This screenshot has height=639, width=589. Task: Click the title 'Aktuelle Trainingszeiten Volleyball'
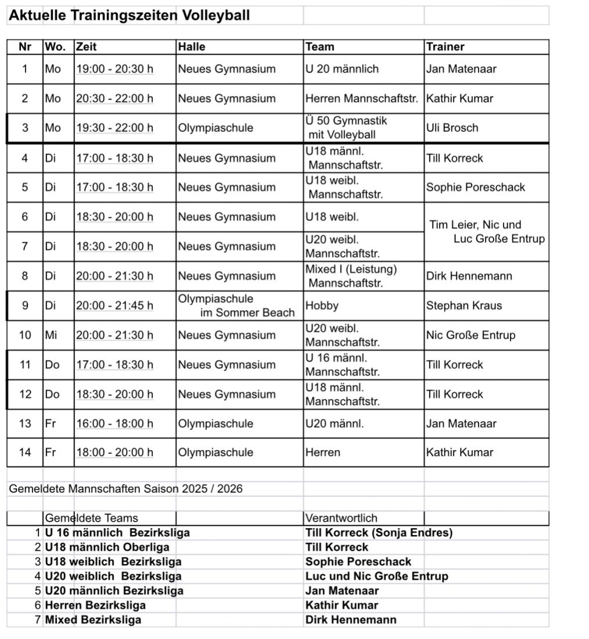click(x=129, y=16)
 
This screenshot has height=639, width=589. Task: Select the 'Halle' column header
click(x=192, y=46)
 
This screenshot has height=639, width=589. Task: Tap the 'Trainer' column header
click(x=445, y=46)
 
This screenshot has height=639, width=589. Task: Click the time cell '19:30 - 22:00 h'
click(x=115, y=128)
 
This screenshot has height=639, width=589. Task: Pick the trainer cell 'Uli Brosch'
click(x=452, y=128)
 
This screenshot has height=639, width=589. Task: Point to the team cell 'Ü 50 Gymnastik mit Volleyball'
click(x=347, y=128)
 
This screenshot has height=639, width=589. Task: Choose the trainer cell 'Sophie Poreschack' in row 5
click(x=475, y=187)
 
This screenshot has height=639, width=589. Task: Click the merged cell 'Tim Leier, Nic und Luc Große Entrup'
click(x=486, y=231)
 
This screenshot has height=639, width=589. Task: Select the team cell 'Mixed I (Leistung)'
click(x=351, y=275)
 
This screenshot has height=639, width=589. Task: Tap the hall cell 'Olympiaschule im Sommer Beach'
click(x=235, y=306)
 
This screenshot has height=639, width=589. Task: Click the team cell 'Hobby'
click(x=322, y=306)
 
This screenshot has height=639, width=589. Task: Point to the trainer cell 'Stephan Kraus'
click(x=463, y=306)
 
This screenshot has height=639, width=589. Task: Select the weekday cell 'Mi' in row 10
click(x=52, y=335)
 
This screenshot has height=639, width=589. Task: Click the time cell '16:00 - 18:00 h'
click(x=115, y=423)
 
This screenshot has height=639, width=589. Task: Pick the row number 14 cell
click(x=25, y=452)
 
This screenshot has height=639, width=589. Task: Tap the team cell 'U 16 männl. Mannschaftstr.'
click(x=342, y=365)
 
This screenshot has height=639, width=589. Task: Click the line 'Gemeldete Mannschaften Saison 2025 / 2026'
click(x=126, y=489)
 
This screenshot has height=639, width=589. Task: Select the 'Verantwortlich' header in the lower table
click(x=341, y=518)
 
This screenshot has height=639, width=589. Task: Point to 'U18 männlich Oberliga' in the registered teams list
click(x=107, y=547)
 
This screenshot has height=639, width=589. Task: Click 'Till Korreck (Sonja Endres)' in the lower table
click(x=379, y=533)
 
